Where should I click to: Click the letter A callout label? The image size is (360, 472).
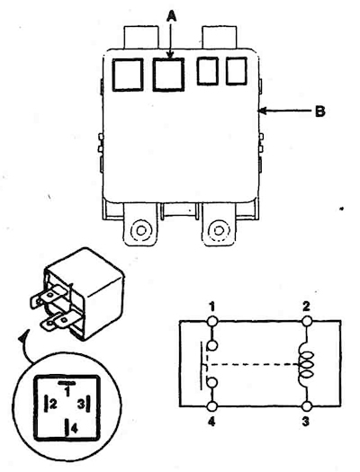(171, 15)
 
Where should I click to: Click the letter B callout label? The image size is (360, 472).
(319, 111)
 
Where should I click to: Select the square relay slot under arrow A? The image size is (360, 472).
(168, 75)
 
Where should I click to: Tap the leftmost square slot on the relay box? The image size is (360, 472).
(128, 75)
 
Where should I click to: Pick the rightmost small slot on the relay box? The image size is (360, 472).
(237, 71)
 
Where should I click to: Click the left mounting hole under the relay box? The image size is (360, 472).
(141, 230)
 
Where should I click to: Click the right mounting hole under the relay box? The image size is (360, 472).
(218, 230)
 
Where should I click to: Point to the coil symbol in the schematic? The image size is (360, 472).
(306, 364)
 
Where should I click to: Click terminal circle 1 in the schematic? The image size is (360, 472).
(212, 321)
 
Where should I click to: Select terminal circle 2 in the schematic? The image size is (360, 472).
(307, 321)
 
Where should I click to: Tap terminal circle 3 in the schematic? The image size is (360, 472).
(307, 406)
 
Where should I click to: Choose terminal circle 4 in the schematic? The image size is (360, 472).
(212, 406)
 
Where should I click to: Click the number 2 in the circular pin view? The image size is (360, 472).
(53, 404)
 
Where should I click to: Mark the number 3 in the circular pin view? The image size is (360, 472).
(81, 404)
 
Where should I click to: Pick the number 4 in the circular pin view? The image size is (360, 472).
(75, 428)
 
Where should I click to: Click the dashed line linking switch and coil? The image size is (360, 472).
(254, 364)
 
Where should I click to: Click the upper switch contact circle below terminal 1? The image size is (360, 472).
(212, 345)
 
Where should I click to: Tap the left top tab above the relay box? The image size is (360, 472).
(141, 37)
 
